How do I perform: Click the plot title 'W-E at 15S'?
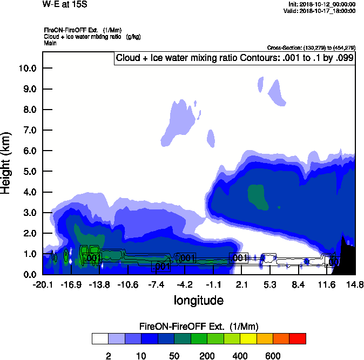click(x=65, y=4)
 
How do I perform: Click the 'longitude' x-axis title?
click(x=198, y=300)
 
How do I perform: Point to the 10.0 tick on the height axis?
click(x=27, y=68)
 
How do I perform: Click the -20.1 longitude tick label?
click(x=43, y=284)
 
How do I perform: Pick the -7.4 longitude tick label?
click(x=157, y=284)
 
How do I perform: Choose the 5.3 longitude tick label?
click(x=270, y=284)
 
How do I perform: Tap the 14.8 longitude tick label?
click(x=355, y=284)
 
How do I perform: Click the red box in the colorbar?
click(x=298, y=338)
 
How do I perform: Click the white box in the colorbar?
click(x=100, y=338)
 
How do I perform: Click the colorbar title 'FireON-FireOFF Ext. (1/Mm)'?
click(x=199, y=327)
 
